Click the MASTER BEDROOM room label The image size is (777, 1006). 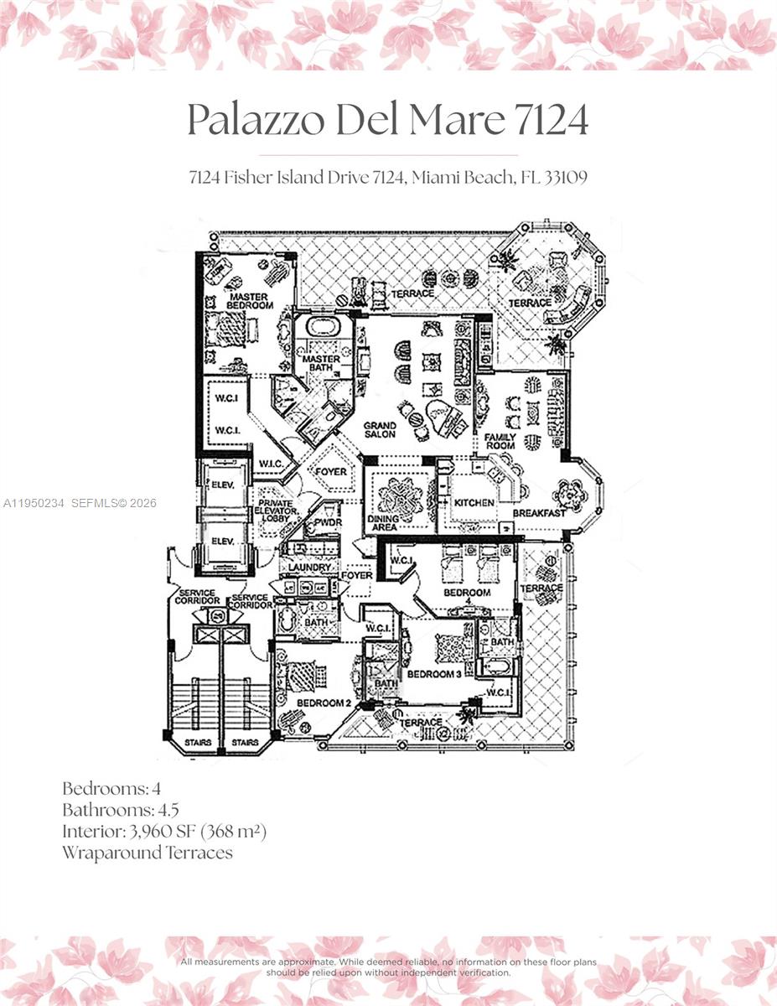coord(250,301)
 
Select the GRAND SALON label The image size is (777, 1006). coord(380,431)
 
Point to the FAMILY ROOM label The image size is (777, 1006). coord(500,441)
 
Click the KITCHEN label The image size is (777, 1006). coord(474,503)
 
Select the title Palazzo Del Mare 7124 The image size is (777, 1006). coord(387,120)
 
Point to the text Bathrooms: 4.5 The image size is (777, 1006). coord(121,810)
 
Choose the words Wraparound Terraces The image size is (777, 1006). coord(147,853)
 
